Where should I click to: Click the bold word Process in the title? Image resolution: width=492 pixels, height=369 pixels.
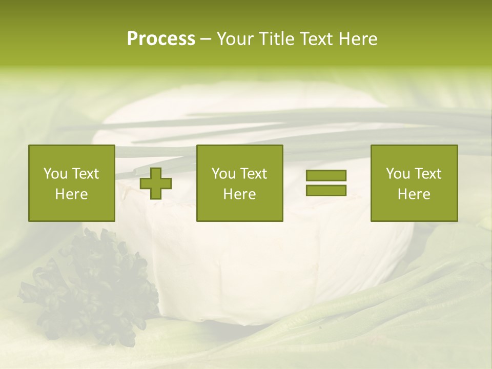161,39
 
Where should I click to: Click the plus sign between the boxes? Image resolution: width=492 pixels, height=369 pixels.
156,183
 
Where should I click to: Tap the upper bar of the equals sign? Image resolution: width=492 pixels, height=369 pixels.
326,175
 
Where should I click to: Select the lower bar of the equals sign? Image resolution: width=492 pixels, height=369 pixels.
326,190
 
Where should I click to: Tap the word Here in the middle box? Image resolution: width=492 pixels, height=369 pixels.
240,194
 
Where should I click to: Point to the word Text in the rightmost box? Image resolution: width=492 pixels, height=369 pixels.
428,174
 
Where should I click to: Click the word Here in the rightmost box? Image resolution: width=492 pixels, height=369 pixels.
414,194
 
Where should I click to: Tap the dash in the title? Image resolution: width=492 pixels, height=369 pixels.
206,39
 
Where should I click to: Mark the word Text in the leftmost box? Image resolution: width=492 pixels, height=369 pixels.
86,174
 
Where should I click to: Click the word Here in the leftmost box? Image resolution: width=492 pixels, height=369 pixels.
72,194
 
